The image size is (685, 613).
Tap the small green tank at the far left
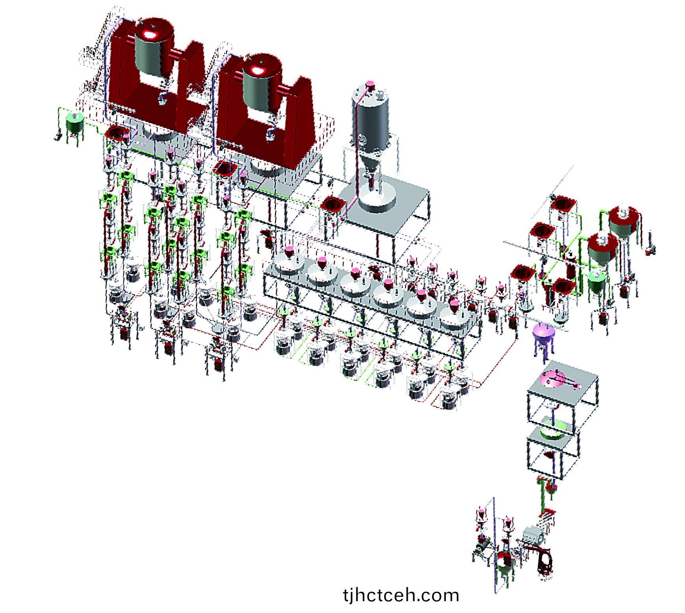pos(74,122)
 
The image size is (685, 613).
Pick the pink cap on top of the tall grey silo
pos(370,84)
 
